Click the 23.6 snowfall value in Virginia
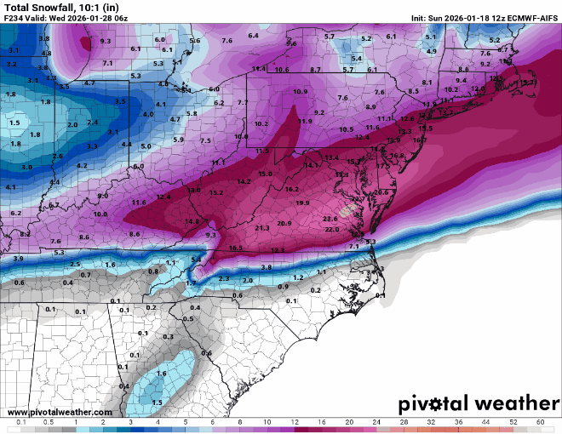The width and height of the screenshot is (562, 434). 330,219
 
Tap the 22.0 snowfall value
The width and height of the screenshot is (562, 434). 332,230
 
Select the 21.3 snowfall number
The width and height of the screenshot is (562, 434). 262,228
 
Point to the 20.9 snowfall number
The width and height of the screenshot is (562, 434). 284,223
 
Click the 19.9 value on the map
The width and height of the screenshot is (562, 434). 302,203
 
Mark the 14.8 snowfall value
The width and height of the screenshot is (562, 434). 192,221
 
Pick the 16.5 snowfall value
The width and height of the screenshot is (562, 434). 236,248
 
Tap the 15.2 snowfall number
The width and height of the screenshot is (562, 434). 216,193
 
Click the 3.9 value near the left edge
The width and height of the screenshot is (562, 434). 18,257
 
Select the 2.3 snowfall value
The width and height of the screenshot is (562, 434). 224,278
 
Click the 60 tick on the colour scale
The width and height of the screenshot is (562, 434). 541,422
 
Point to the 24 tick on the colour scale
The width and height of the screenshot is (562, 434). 376,422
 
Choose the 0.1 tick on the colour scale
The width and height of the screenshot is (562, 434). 21,422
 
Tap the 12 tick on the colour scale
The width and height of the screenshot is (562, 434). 295,422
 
